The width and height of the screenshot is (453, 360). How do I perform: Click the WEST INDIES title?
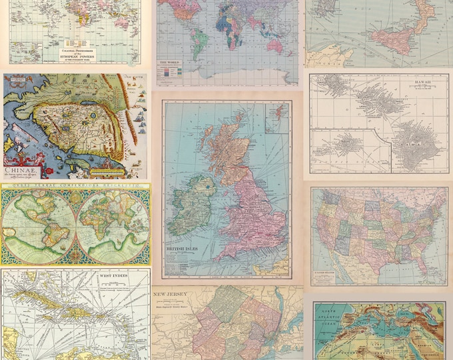pos(114,275)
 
